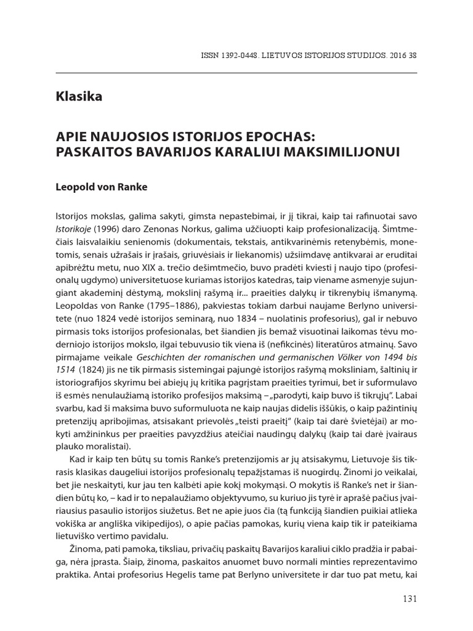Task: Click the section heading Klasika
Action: coord(78,97)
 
